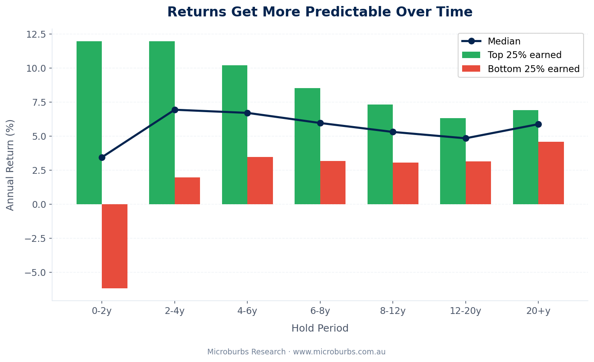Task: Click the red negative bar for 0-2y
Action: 115,246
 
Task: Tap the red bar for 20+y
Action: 551,173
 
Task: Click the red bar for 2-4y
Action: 187,191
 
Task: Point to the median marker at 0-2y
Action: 102,157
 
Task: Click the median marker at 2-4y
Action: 175,110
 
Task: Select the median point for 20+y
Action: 538,124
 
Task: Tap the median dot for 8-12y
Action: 393,132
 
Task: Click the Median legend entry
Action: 504,41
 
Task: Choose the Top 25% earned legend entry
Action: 524,55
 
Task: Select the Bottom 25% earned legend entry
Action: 533,69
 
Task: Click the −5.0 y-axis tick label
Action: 35,272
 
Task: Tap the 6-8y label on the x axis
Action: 320,311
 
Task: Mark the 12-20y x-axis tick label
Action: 465,311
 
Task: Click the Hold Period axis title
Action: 320,328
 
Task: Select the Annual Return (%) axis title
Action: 10,165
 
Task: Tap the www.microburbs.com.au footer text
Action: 339,352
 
